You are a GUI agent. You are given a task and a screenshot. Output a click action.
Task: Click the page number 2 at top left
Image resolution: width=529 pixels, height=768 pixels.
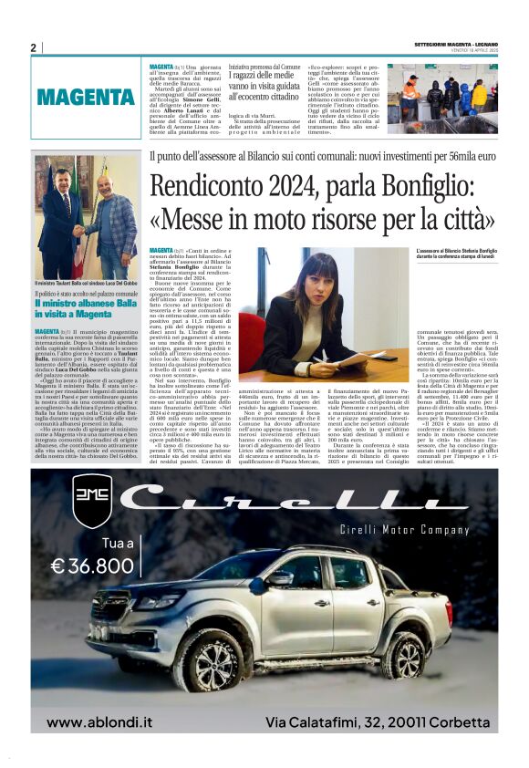33,47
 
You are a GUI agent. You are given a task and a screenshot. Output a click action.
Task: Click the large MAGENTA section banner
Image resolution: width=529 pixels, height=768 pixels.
87,97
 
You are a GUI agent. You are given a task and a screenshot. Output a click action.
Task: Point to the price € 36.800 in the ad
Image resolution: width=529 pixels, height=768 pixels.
92,566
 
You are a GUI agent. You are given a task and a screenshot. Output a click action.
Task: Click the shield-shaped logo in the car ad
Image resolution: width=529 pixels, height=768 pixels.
93,502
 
